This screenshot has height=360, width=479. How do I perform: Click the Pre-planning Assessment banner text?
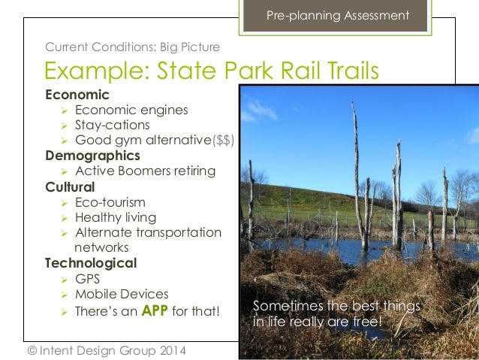(x=338, y=16)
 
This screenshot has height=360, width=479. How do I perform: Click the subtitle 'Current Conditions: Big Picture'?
(x=132, y=47)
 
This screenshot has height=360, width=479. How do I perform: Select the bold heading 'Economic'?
(x=77, y=95)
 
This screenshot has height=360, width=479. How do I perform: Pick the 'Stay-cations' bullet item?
(x=112, y=126)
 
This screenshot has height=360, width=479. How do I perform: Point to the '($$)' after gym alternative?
(x=224, y=141)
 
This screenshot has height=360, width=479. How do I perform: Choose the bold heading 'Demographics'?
(x=92, y=156)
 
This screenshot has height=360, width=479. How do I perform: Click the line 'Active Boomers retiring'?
(x=145, y=171)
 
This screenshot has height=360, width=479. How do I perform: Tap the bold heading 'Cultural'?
(x=70, y=187)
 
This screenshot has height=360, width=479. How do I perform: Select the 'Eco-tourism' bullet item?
(x=110, y=202)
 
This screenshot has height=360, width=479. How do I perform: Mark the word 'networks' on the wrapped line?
(x=101, y=247)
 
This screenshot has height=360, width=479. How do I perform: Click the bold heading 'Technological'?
(x=90, y=263)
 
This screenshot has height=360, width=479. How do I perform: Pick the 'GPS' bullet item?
(x=87, y=279)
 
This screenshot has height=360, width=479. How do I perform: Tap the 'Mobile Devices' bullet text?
(x=122, y=294)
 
